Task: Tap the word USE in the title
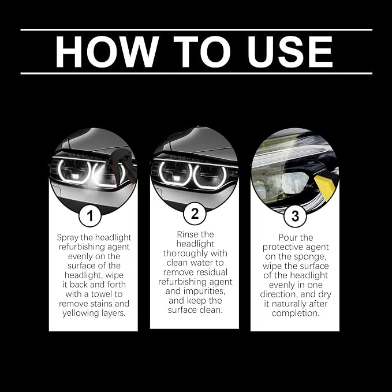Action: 290,52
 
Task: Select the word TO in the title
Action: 202,52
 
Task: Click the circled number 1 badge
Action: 90,215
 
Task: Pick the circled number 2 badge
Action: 195,214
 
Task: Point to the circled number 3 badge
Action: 295,216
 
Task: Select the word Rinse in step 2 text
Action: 185,234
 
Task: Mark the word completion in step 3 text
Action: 296,313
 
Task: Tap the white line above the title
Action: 196,30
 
